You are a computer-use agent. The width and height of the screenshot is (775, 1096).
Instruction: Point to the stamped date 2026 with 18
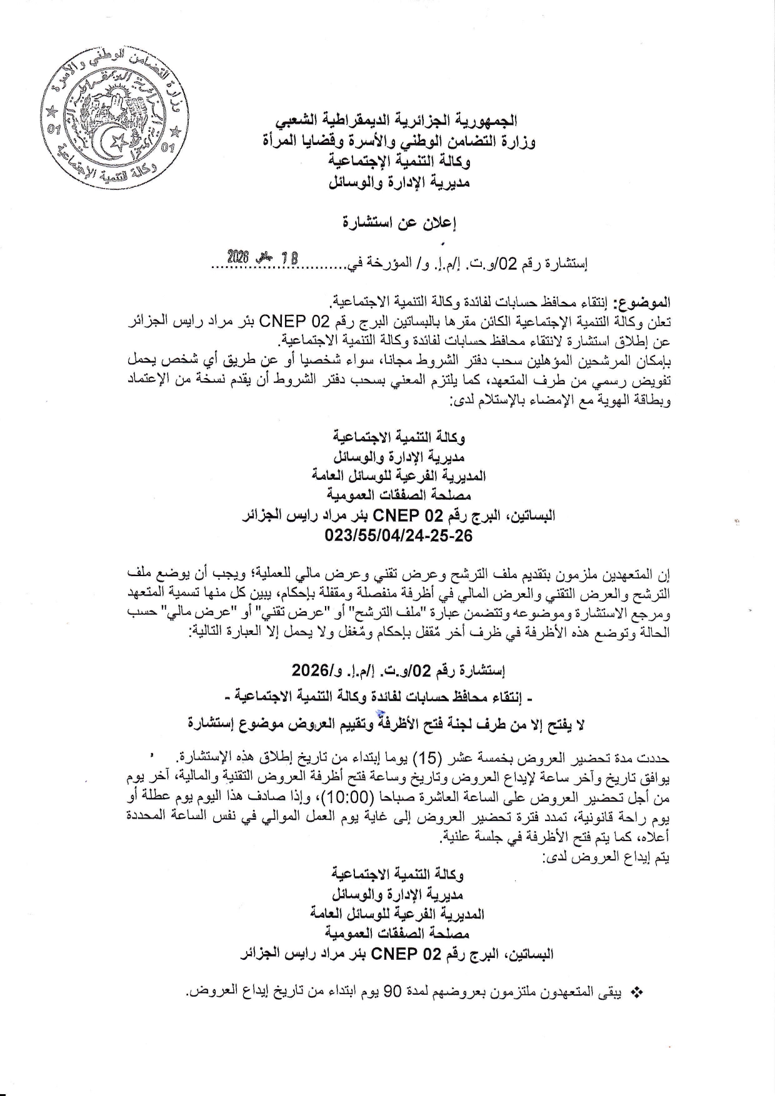pos(262,256)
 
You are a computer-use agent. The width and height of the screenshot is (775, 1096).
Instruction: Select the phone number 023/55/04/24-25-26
pos(398,536)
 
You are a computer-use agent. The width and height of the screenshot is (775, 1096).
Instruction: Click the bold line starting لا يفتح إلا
pos(386,724)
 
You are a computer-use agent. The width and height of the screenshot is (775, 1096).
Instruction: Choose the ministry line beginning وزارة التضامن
pos(399,142)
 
